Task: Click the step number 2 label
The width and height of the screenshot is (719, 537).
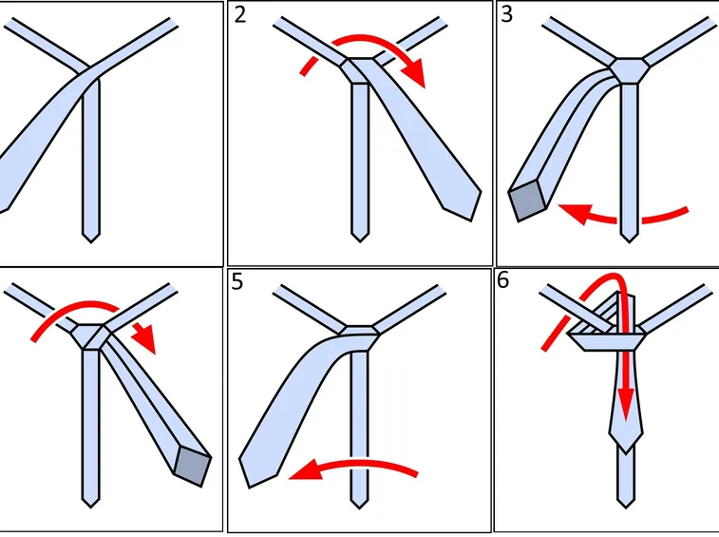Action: coord(239,15)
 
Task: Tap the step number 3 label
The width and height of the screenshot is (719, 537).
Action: coord(506,14)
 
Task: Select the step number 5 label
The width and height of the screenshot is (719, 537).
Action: coord(237,282)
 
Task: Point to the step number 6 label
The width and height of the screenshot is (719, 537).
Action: coord(503,280)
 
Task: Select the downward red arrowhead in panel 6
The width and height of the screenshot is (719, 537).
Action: coord(626,404)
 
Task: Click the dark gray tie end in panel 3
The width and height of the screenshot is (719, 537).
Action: coord(528,200)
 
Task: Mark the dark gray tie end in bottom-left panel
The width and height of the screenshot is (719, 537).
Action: coord(193,466)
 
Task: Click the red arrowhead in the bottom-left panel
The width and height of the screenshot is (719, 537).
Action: coord(144,337)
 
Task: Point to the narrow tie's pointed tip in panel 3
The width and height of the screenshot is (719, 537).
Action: coord(629,241)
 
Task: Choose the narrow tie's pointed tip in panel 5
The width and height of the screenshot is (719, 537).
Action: coord(359,508)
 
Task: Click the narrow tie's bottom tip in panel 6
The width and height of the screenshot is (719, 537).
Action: coord(626,508)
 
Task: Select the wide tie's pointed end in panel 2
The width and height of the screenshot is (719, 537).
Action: coord(471,221)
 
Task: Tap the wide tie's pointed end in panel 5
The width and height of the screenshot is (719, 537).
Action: coord(250,487)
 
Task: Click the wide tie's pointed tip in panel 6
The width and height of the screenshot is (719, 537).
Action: coord(626,451)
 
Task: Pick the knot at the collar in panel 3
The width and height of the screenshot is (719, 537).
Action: coord(629,70)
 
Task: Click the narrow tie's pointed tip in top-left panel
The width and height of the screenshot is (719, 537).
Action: coord(91,241)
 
